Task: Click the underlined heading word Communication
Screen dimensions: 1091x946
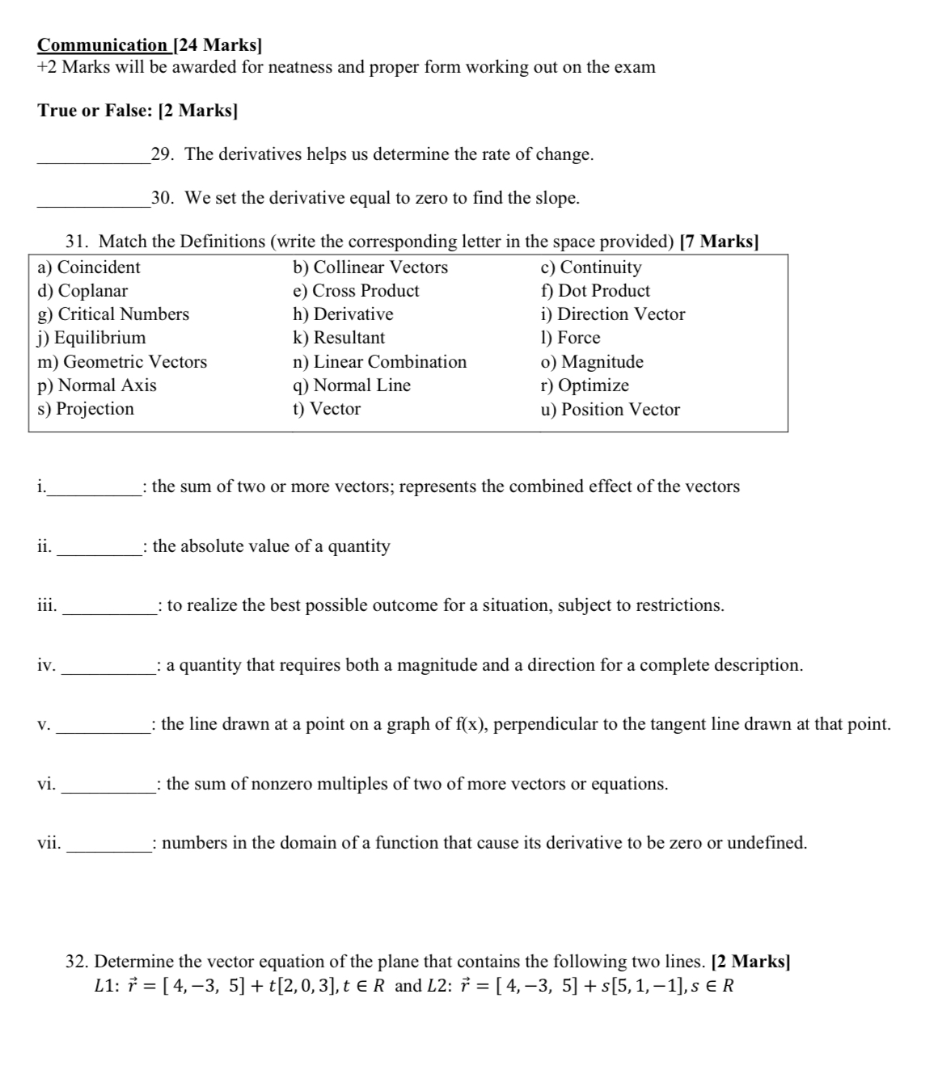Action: [102, 45]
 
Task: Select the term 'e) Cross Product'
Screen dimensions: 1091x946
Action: [356, 291]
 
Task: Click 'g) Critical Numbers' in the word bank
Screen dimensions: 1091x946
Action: [113, 314]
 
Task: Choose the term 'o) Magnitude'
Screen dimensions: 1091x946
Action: [592, 362]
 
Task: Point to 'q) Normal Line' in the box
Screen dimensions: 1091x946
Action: [351, 385]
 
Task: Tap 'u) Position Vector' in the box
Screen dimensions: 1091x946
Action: [610, 410]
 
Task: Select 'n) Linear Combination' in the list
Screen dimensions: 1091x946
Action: [379, 362]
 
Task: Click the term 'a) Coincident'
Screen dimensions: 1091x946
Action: [89, 267]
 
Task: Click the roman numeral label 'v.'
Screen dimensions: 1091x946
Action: [44, 725]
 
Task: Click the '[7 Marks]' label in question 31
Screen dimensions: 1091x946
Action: [719, 242]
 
